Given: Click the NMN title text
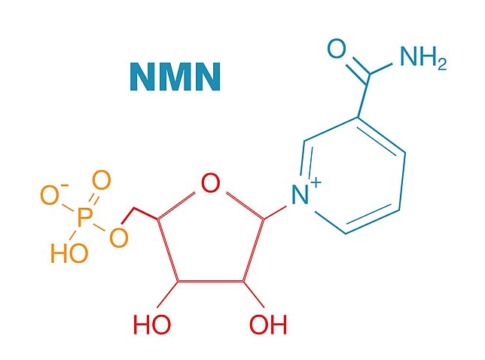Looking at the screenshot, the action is pos(176,77).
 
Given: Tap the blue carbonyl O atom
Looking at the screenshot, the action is pos(337,51).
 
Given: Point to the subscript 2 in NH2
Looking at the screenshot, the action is pos(440,65).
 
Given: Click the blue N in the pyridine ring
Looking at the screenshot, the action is pos(301,197).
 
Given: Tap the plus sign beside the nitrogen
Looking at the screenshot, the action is pos(316,183).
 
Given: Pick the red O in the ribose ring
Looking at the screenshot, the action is pos(210,183).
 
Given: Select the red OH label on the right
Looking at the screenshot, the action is pos(267,325).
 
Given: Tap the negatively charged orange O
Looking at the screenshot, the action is pos(47,195).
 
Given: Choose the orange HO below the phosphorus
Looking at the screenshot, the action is pos(69,253).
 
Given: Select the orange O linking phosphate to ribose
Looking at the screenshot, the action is pos(118,238).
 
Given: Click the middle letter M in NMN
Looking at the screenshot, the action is pos(176,77).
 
